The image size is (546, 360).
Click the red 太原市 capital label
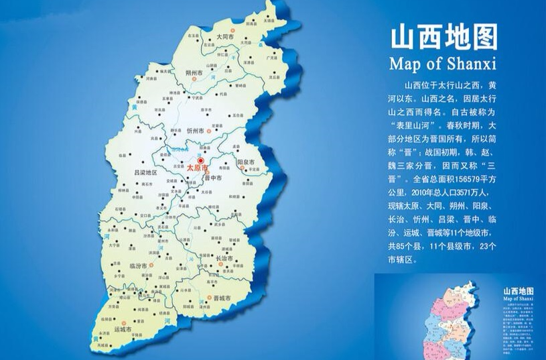pos(197,169)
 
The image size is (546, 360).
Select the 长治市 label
pos(222,257)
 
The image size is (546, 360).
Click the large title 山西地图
pos(443,39)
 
